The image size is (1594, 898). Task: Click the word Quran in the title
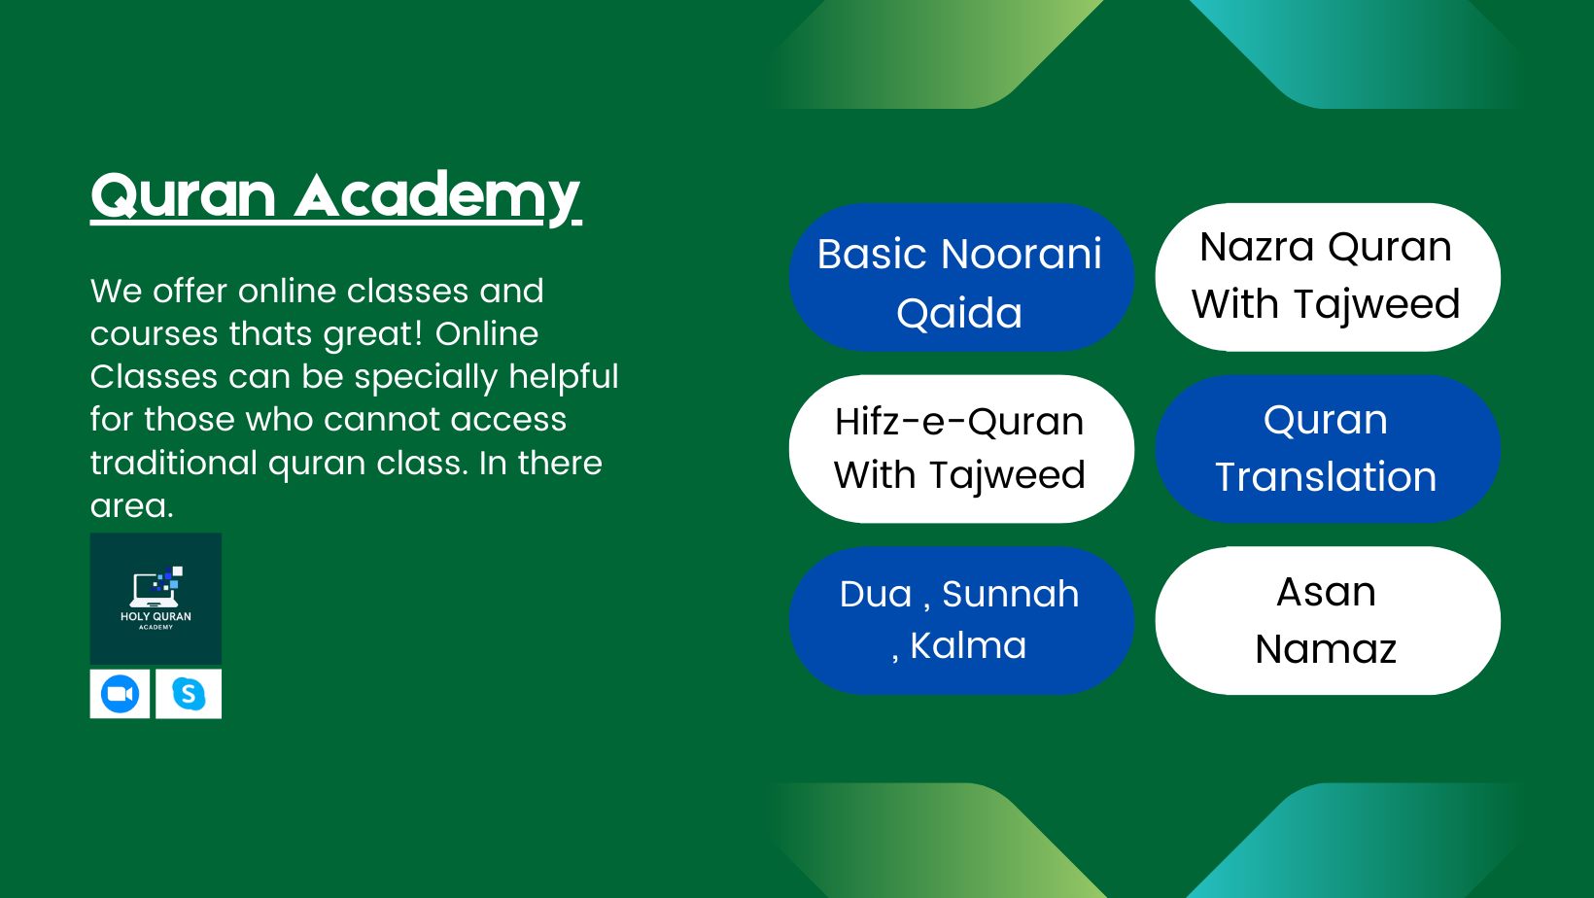click(x=183, y=195)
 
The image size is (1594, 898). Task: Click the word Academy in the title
click(x=437, y=195)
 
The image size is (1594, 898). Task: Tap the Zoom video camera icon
click(x=121, y=694)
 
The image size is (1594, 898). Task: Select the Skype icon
click(x=189, y=694)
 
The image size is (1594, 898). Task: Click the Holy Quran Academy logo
click(x=156, y=599)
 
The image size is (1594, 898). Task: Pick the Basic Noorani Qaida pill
click(x=960, y=278)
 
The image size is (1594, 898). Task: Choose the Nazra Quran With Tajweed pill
click(x=1327, y=277)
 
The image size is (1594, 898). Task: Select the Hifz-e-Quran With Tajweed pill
click(x=960, y=449)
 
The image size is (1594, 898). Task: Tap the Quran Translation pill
click(x=1327, y=449)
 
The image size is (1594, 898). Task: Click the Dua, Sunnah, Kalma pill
click(x=960, y=620)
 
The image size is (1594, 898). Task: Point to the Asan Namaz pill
click(x=1327, y=620)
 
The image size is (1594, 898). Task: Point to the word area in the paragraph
click(x=131, y=506)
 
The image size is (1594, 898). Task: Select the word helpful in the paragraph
click(x=563, y=377)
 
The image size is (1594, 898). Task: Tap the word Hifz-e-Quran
click(x=959, y=422)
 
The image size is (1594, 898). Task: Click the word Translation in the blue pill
click(x=1326, y=477)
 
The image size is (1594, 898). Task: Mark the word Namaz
click(x=1326, y=648)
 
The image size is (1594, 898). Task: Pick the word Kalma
click(x=968, y=646)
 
